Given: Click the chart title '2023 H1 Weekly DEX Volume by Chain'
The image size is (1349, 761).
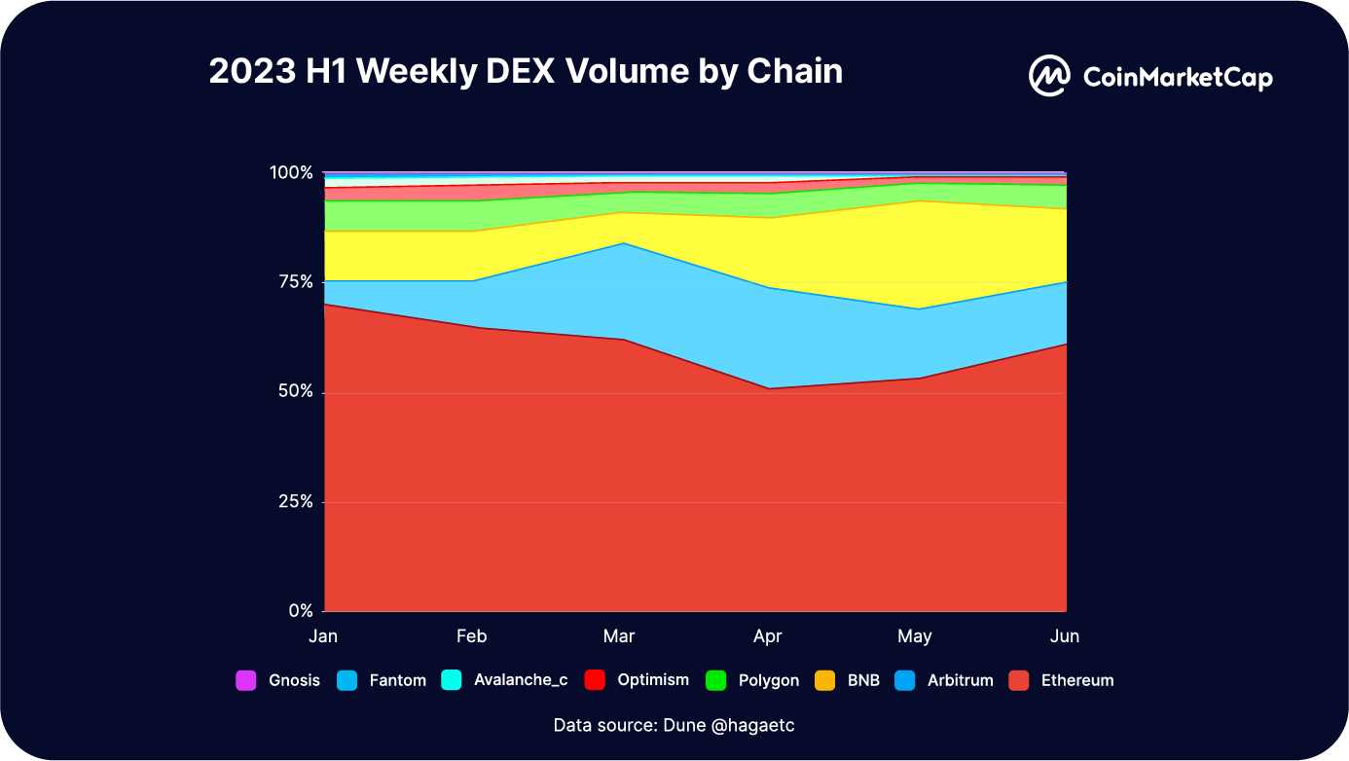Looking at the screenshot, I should [x=526, y=71].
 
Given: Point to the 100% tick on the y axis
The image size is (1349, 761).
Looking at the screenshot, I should [x=291, y=172].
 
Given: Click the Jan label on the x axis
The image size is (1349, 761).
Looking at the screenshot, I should [x=323, y=636].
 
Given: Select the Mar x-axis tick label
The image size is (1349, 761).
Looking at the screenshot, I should [x=619, y=636].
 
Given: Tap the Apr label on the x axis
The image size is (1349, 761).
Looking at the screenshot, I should [x=767, y=636].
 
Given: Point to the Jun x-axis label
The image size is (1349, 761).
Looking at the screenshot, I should [x=1065, y=636].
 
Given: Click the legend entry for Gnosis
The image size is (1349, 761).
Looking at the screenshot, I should [x=278, y=680].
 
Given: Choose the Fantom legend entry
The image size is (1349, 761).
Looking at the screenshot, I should [x=384, y=680].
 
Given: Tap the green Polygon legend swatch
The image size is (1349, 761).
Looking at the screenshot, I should [x=715, y=680].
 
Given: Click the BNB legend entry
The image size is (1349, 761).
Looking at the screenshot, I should [x=848, y=680].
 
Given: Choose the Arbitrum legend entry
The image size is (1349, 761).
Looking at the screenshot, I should [x=946, y=680].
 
